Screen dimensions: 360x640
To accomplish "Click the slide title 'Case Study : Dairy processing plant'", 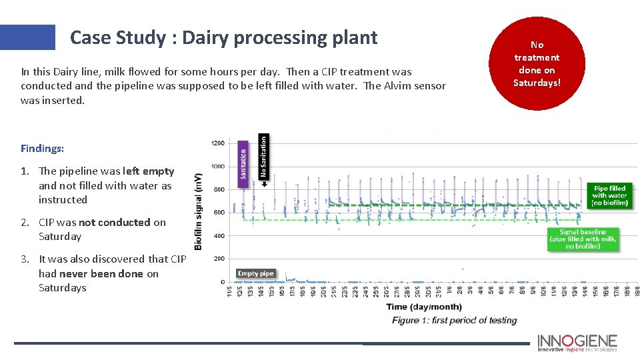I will click(223, 37).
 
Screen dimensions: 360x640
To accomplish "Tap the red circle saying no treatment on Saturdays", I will click(537, 64).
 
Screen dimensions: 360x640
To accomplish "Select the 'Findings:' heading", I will click(42, 148).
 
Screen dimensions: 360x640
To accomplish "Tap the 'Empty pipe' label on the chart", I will click(255, 273).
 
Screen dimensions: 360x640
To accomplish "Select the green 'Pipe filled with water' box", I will click(610, 195).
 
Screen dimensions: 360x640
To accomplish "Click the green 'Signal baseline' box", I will click(583, 239).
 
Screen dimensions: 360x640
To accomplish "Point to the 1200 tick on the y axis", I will click(217, 143).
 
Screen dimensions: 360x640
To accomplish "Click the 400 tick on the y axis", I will click(219, 236).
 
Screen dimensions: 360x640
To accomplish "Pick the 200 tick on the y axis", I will click(219, 259).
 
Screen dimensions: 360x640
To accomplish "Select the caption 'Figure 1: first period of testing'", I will click(454, 321).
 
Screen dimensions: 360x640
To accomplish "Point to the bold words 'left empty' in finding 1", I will click(149, 171).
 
